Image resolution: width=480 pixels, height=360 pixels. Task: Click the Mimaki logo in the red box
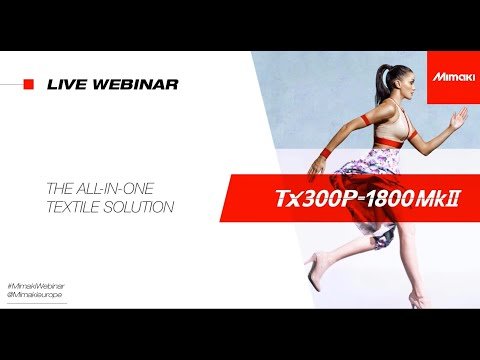[x=451, y=75]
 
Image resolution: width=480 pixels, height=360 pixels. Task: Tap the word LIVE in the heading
[x=66, y=84]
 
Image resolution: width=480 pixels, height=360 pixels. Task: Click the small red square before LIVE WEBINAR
[x=29, y=84]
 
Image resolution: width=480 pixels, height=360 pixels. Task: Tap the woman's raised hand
[x=459, y=118]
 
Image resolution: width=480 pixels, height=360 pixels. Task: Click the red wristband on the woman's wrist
[x=325, y=153]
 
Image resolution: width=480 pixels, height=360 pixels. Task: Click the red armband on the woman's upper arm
[x=366, y=119]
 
